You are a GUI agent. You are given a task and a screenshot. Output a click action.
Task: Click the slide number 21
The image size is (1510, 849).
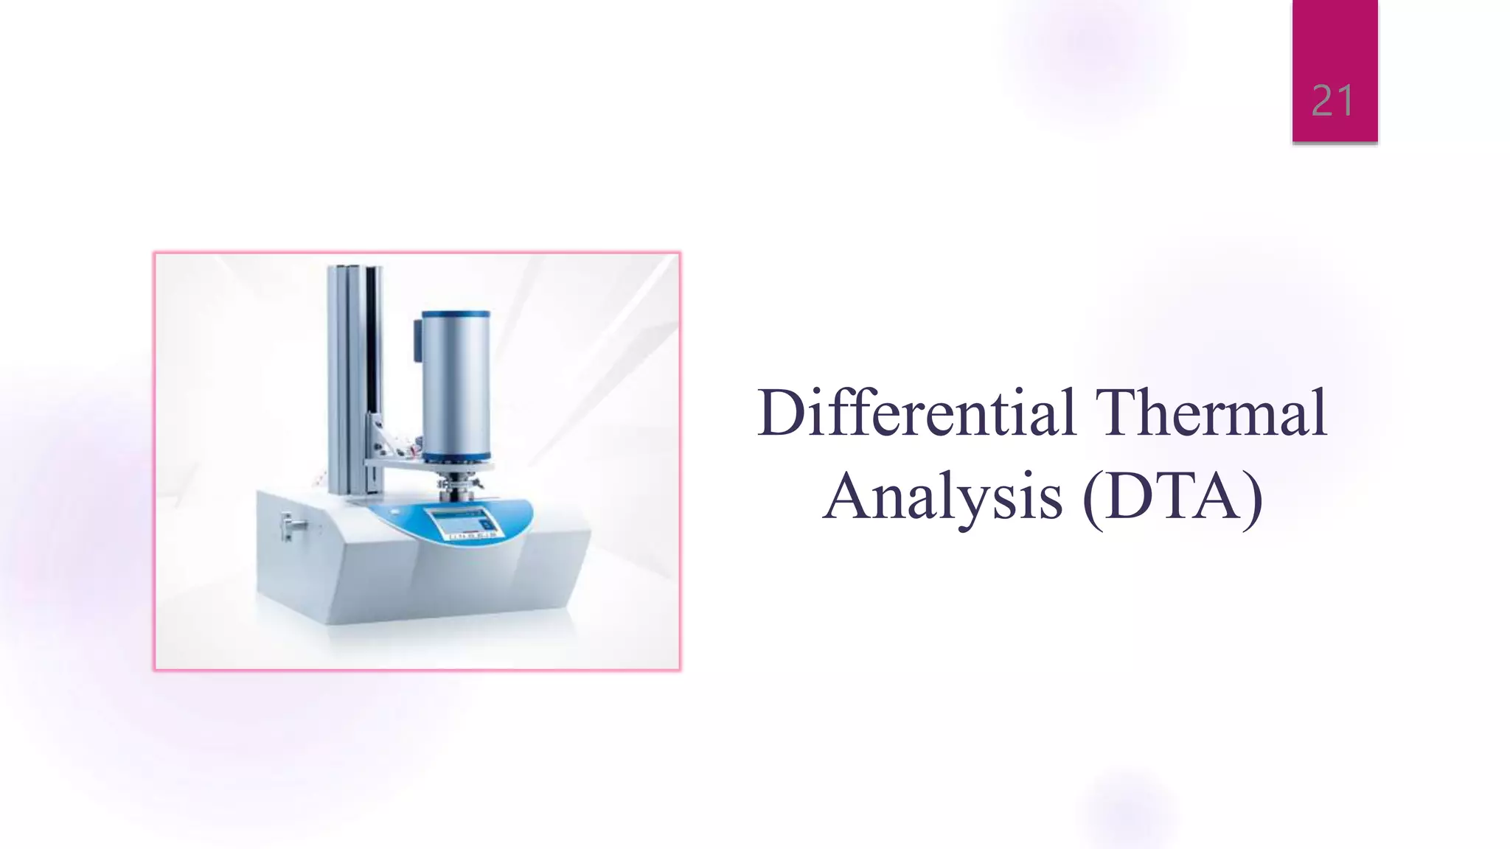click(x=1332, y=101)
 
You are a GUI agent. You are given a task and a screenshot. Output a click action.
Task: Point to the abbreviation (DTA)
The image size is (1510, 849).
click(x=1173, y=497)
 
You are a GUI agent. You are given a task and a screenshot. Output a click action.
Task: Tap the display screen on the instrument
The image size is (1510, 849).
click(x=458, y=521)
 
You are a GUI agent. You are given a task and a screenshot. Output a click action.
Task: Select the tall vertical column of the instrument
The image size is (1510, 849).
click(x=354, y=376)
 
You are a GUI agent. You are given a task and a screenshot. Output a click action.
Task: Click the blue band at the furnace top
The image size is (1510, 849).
click(x=455, y=314)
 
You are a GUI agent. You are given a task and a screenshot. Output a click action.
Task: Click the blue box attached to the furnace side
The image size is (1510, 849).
click(x=417, y=339)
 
